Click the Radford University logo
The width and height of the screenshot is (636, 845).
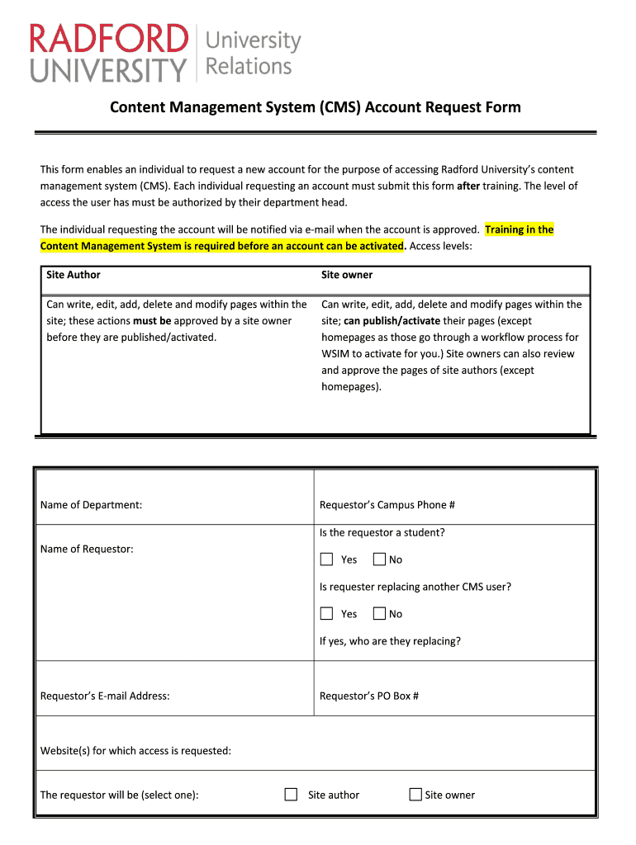(165, 53)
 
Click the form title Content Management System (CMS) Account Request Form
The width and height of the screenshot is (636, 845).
(316, 107)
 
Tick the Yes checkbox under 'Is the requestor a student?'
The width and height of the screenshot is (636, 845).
(326, 559)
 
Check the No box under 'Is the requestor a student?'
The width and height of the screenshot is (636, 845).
(379, 559)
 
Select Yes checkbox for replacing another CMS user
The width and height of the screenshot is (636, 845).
(326, 614)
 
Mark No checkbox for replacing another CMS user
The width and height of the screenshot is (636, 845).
(379, 614)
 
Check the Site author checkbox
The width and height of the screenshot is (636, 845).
(291, 795)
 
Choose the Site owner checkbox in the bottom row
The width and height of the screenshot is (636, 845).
(415, 795)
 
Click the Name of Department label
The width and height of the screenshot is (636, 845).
(91, 504)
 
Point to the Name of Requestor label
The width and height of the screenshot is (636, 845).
(87, 549)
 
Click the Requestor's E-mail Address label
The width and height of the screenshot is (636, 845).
(105, 696)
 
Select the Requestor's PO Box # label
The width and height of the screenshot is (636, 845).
(369, 696)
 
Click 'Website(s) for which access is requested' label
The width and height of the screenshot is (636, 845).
(135, 750)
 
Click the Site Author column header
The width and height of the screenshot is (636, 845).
(74, 275)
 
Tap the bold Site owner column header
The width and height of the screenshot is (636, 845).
(347, 275)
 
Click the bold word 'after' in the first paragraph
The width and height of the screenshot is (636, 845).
(468, 186)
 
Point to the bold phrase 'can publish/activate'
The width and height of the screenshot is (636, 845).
(392, 321)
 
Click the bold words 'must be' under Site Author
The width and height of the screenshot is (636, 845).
(152, 321)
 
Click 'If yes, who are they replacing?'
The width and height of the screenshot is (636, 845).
(390, 641)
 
